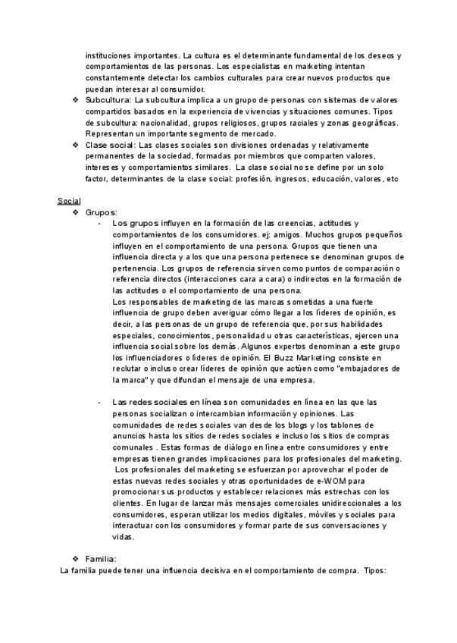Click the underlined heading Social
69,201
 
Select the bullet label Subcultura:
108,100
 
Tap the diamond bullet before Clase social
75,145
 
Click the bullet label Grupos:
101,213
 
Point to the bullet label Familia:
101,559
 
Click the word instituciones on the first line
112,55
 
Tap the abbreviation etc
392,179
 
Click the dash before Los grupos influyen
99,224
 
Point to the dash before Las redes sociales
99,402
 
